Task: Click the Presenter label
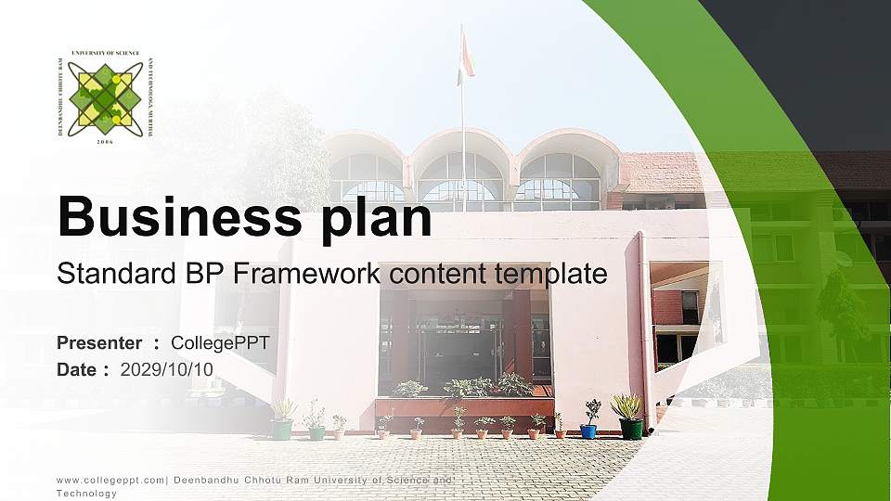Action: click(99, 343)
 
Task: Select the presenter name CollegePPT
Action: click(220, 343)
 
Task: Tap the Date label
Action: click(77, 369)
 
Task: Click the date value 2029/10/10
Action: click(166, 369)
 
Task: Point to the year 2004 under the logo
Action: click(105, 142)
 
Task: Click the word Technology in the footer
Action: click(86, 494)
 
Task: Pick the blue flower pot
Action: click(588, 430)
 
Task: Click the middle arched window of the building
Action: click(462, 176)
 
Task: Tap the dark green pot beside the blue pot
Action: click(631, 428)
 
